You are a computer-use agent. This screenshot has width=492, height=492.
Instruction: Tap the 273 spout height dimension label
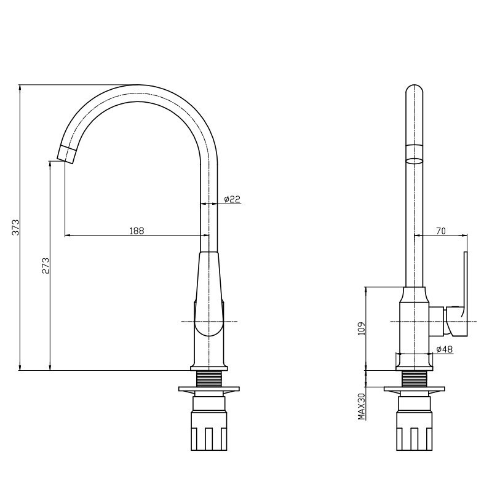[x=46, y=266]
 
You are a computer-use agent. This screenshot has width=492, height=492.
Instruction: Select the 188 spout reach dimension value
[x=137, y=231]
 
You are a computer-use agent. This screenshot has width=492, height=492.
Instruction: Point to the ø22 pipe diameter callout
[x=232, y=199]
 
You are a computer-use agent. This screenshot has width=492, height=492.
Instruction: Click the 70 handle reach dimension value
[x=441, y=231]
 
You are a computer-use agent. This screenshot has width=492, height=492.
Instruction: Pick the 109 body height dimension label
[x=362, y=328]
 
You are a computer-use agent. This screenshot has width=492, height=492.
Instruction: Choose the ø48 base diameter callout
[x=445, y=349]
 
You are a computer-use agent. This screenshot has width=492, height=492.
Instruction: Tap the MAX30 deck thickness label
[x=362, y=407]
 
